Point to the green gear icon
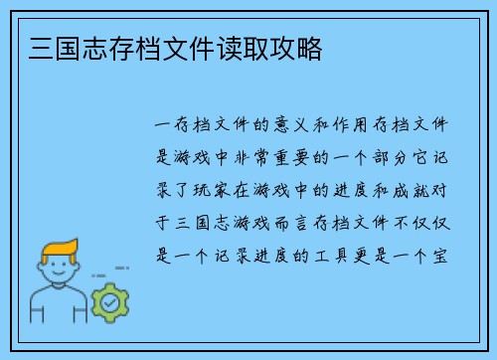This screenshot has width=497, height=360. (110, 300)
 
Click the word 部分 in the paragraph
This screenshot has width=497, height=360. (402, 157)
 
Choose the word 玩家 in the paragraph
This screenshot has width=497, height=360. (217, 189)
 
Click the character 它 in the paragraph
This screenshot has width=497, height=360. (433, 157)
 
